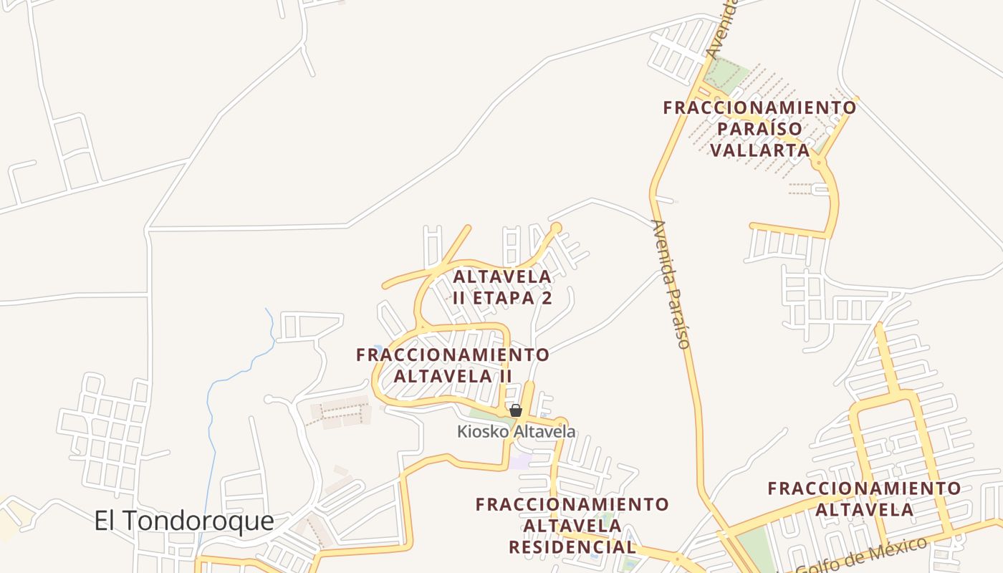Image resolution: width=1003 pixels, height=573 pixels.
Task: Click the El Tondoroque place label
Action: click(x=183, y=521)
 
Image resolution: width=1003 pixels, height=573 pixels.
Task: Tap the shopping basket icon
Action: click(x=515, y=410)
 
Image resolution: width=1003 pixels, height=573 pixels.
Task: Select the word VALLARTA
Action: click(x=760, y=150)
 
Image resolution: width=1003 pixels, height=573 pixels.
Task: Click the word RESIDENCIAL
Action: click(x=572, y=547)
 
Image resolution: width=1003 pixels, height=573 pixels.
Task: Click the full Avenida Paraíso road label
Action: click(x=671, y=284)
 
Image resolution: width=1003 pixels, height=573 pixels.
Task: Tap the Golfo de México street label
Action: click(x=860, y=557)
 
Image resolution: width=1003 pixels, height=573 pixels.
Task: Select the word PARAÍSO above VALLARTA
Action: click(x=759, y=129)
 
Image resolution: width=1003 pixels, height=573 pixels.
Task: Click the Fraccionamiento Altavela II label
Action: click(x=453, y=365)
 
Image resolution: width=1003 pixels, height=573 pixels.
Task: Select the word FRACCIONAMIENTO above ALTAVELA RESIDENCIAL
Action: click(x=572, y=504)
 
